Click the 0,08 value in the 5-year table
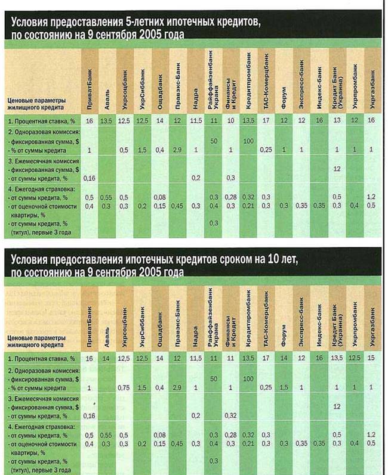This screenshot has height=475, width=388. pyautogui.click(x=159, y=197)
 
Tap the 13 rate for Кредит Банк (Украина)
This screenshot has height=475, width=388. pyautogui.click(x=336, y=121)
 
